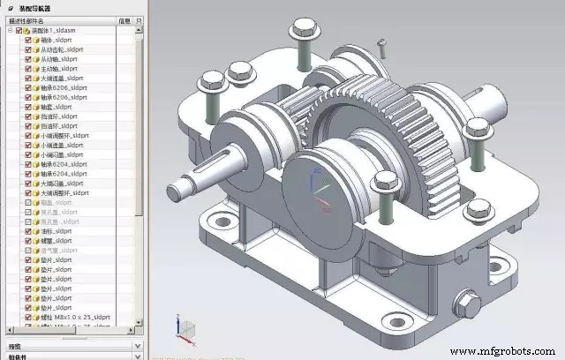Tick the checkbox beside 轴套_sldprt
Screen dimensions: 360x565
28,107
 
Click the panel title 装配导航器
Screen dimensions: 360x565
36,7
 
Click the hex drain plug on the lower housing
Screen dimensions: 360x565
470,304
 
